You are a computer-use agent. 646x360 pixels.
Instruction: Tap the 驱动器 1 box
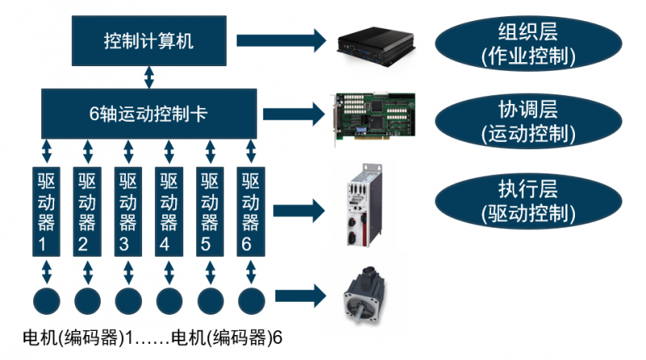46,211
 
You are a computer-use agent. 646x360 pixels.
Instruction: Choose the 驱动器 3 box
128,211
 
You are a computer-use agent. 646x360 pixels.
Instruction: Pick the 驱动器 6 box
251,211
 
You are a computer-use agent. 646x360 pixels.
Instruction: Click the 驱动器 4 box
169,211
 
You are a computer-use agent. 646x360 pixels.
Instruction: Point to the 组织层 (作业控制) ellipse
528,44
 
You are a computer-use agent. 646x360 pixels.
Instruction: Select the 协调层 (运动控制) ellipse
528,120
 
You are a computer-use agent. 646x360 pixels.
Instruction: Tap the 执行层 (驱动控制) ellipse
528,201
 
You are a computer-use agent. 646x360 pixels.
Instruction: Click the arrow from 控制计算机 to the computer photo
279,40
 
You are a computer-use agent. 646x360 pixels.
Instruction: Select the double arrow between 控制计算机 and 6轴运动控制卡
149,78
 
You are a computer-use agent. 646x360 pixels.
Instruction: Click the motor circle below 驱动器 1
46,300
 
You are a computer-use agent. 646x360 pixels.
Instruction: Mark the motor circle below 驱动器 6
251,300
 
